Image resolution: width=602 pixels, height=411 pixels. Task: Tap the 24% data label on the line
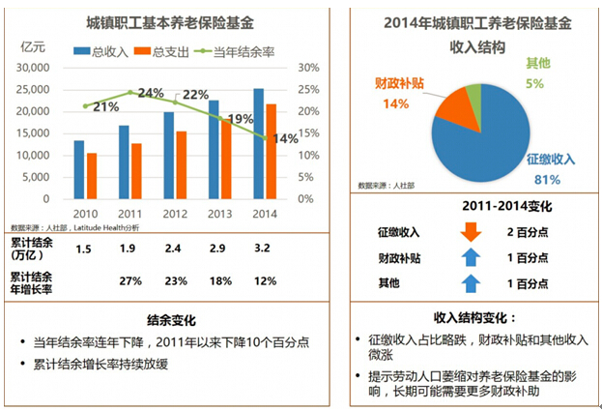coord(150,93)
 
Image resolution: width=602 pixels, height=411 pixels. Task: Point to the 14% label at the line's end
coord(285,138)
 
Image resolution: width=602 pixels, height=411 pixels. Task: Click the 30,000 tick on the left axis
coord(34,68)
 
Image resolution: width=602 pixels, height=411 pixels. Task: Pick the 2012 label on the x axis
coord(174,214)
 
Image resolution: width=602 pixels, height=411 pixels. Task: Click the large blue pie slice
coord(502,135)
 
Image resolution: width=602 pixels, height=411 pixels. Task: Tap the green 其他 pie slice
coord(473,95)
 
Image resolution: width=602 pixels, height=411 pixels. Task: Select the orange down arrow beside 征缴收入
coord(471,232)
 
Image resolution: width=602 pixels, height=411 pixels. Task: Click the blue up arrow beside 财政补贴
coord(471,257)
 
